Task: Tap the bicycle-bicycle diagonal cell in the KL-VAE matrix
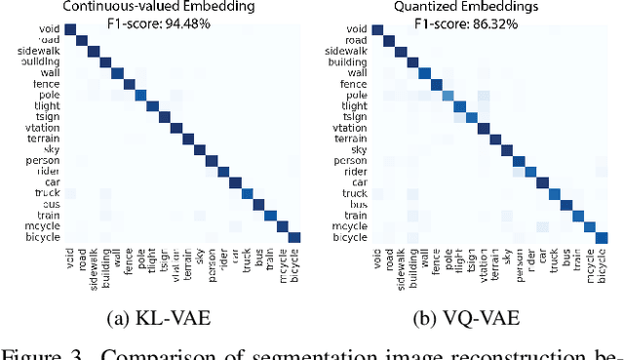294,236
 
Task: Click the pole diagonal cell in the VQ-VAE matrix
448,95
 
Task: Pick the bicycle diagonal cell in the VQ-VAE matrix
602,237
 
